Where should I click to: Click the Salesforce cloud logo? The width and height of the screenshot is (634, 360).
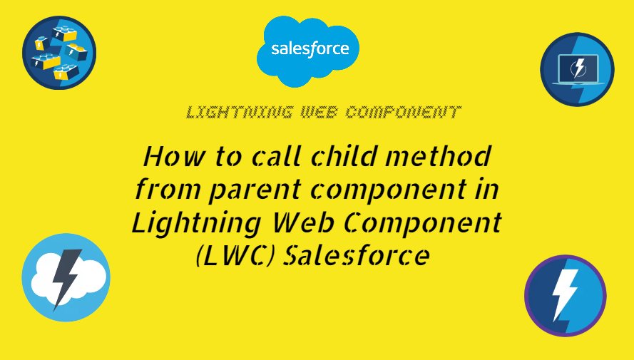coord(310,48)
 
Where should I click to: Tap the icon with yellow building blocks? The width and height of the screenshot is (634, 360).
coord(59,52)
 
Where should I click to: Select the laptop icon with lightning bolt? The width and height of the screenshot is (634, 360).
coord(577,70)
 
